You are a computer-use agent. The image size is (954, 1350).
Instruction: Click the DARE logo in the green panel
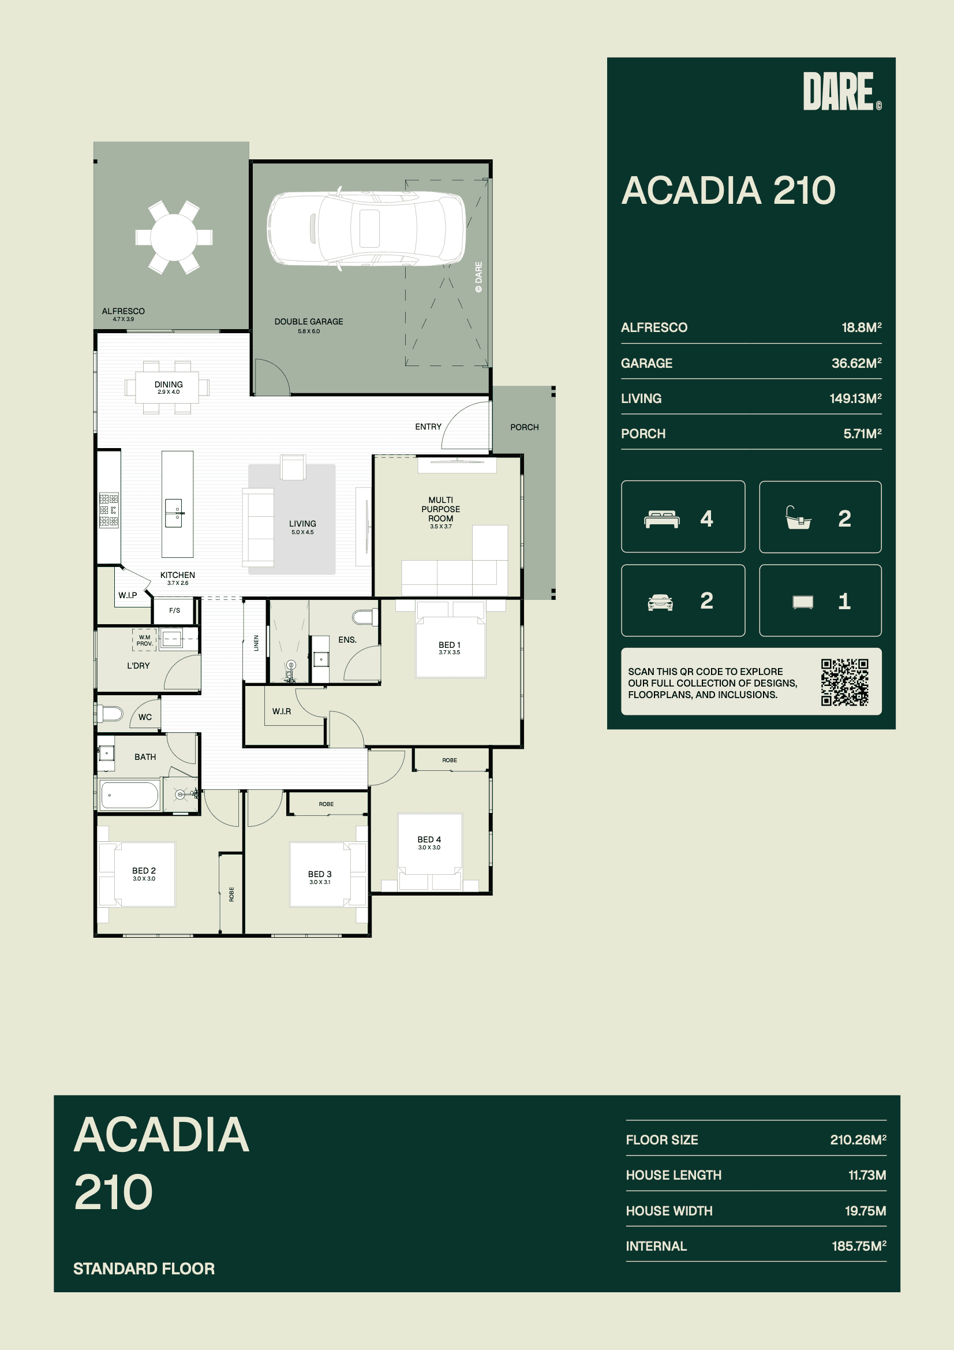pos(841,91)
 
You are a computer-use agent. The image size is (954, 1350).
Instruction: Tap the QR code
pos(845,682)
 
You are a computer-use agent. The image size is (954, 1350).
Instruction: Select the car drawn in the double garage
pos(366,229)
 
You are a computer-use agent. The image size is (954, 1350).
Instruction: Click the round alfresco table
pos(174,237)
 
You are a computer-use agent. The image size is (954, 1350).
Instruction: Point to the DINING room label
pos(169,385)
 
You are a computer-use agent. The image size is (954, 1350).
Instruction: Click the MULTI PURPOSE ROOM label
pos(441,509)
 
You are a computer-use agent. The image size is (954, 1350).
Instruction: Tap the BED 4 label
pos(429,840)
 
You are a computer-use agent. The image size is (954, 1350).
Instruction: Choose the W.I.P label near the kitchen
pos(128,595)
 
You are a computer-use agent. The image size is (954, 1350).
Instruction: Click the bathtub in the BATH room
pos(130,796)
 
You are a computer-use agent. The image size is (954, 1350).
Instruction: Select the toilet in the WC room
pos(110,714)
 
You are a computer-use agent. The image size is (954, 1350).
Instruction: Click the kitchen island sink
pos(174,513)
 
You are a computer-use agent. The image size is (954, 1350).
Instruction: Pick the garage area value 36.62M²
pos(856,363)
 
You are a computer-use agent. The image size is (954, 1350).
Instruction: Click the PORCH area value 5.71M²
pos(862,434)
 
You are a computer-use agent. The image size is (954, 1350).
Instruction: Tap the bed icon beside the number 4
pos(662,519)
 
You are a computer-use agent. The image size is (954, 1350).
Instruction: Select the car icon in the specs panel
pos(660,602)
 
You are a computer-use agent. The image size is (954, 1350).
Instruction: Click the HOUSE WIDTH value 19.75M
pos(865,1211)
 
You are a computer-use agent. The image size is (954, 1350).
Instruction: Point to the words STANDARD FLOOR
pos(144,1268)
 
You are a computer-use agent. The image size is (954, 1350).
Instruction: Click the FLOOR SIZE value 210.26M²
pos(858,1139)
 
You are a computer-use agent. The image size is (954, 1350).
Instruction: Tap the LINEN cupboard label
pos(256,643)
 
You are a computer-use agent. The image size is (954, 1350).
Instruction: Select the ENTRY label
pos(428,427)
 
